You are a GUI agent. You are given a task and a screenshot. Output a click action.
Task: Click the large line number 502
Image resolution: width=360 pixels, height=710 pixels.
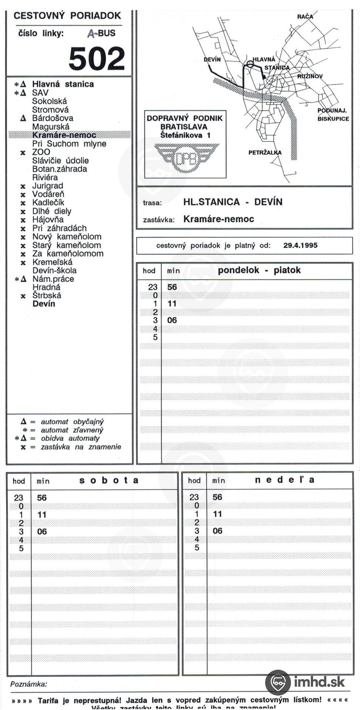97,58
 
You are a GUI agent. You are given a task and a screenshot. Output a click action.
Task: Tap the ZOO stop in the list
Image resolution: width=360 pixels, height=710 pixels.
41,152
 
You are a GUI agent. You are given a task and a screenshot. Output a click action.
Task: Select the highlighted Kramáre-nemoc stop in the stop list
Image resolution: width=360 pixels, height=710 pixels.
64,135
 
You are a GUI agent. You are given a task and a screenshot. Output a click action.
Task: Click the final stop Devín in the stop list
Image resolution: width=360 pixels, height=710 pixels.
44,304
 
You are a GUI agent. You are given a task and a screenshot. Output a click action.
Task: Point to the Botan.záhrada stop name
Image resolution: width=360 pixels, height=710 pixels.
60,169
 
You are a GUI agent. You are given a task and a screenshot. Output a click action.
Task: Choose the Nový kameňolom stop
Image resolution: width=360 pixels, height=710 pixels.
67,237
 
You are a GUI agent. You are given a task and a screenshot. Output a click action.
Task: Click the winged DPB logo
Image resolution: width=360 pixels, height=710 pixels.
187,158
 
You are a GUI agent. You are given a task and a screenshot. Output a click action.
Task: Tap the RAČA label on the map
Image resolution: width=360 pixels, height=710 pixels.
305,17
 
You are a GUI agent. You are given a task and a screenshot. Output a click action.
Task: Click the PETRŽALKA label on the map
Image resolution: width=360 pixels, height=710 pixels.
265,152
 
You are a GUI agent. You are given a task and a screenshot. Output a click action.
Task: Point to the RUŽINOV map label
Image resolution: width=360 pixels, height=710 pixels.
310,76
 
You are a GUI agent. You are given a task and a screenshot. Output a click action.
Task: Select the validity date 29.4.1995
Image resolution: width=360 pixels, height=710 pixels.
300,245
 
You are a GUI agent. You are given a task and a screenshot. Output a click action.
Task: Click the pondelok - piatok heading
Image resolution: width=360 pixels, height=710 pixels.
259,270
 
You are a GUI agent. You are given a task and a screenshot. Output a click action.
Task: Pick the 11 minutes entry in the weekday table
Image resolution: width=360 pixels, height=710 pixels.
172,304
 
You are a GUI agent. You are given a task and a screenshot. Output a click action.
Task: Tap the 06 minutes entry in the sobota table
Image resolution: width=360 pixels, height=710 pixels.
42,531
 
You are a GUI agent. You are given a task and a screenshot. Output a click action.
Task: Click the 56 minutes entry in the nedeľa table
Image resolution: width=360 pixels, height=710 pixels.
217,497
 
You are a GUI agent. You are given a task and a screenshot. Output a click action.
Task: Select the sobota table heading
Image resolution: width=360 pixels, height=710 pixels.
109,480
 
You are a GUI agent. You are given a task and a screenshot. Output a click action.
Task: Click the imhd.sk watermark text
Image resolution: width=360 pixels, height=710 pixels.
319,681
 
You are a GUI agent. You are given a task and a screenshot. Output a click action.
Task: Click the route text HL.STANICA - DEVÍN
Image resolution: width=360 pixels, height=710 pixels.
232,202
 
